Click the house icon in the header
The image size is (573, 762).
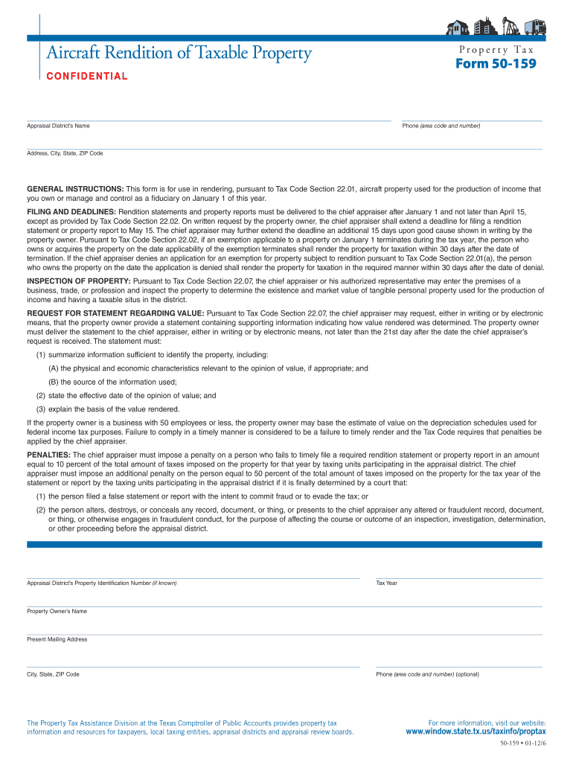(x=456, y=28)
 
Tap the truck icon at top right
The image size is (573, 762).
(x=535, y=28)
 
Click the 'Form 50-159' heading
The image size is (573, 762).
(x=496, y=64)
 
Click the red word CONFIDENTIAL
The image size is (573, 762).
(x=87, y=76)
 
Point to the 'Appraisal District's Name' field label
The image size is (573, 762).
(x=58, y=126)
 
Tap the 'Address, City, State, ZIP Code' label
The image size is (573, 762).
(x=65, y=153)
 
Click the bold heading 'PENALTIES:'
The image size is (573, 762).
(x=49, y=454)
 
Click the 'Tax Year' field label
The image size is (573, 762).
(x=386, y=583)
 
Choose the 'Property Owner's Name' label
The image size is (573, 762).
(x=57, y=611)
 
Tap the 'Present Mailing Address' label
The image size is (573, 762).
(x=57, y=639)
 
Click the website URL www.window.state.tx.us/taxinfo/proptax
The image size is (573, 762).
(x=476, y=731)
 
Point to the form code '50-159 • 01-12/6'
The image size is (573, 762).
(x=523, y=744)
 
